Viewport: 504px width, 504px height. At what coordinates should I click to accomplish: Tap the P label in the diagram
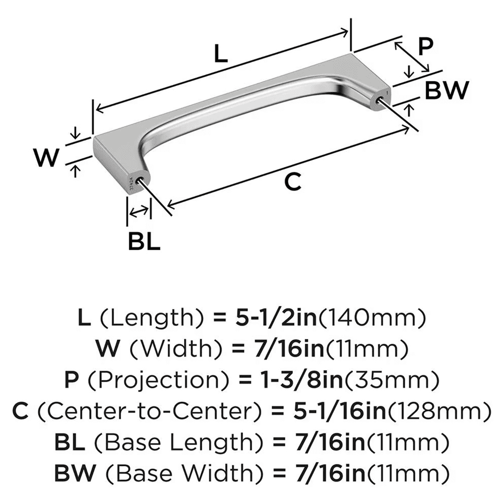tap(426, 48)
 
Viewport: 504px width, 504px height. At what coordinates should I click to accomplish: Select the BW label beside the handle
tap(447, 91)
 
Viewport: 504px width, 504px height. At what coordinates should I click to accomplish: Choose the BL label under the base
tap(144, 243)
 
